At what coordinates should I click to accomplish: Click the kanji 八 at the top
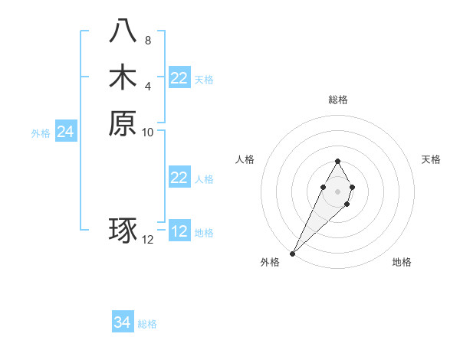click(123, 31)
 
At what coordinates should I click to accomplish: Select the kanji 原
click(123, 123)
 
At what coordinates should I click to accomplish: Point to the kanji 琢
click(123, 231)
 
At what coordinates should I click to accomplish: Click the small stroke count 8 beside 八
click(148, 40)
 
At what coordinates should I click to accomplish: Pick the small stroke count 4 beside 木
click(148, 86)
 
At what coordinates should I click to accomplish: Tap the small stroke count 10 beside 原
click(148, 133)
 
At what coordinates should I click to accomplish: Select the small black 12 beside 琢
click(148, 240)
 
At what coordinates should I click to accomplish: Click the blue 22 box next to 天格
click(179, 78)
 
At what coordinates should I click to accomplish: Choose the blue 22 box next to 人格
click(179, 178)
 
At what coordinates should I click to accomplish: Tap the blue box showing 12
click(179, 232)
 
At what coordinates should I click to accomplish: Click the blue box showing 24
click(66, 133)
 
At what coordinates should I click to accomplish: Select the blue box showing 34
click(123, 323)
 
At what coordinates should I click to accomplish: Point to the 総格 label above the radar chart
click(337, 100)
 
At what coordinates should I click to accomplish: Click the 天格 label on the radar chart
click(431, 159)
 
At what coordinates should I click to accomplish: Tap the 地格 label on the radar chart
click(402, 262)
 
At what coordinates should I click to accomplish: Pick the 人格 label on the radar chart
click(245, 159)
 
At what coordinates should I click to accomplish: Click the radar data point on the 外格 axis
click(292, 253)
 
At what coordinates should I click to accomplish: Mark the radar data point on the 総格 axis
click(337, 161)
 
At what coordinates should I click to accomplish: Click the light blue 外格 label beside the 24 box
click(41, 133)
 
